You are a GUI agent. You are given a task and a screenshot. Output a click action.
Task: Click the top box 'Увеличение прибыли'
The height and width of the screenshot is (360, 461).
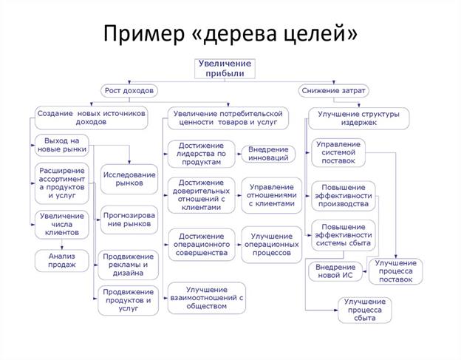coord(225,69)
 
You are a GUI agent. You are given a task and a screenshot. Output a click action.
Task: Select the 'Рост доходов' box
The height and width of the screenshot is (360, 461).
coord(129,91)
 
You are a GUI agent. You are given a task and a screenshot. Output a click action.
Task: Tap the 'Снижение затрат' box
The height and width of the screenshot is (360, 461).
coord(334,91)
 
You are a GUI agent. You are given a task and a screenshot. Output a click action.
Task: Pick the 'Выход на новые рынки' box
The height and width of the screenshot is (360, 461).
coord(61,145)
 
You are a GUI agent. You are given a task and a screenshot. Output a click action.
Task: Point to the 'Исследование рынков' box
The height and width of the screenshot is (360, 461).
coord(129,178)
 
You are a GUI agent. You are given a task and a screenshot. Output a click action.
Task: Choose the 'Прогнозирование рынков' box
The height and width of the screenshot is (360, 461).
coord(129,220)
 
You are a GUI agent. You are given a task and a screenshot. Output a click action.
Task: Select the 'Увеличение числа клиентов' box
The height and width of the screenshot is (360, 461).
coord(61,224)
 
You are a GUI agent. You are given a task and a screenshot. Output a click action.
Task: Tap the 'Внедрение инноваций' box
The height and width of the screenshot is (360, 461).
coord(268,154)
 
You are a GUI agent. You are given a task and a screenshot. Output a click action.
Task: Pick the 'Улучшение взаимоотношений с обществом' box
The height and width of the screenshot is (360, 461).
coord(206,296)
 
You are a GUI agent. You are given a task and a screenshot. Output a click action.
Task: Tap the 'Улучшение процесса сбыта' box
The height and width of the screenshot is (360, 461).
coord(365,310)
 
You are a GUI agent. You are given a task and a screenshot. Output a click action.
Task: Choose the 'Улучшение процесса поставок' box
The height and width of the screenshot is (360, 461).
coord(396,271)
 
